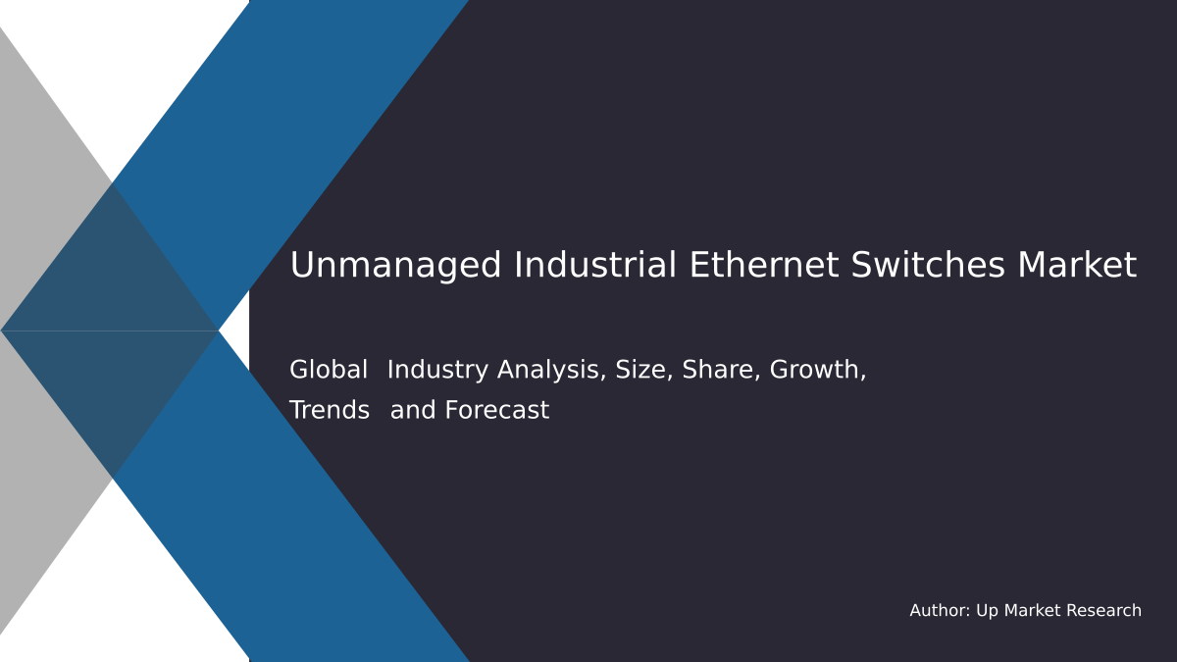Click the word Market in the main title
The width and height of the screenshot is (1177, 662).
click(1077, 266)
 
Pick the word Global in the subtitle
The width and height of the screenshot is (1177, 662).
click(329, 371)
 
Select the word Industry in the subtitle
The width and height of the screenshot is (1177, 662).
click(438, 371)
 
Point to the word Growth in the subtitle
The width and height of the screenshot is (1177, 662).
click(817, 371)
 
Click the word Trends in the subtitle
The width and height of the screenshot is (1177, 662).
click(330, 411)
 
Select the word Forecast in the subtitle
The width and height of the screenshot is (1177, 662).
click(496, 411)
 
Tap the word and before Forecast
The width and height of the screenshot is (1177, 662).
click(413, 411)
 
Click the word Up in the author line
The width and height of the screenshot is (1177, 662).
click(987, 611)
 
